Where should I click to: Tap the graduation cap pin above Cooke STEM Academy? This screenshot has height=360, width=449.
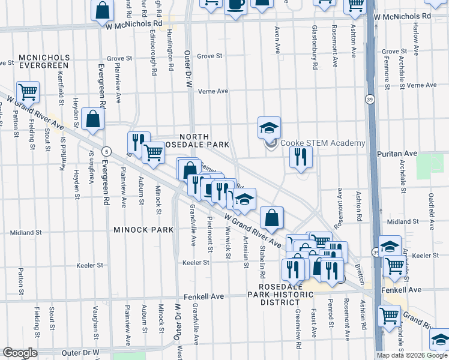click(x=269, y=127)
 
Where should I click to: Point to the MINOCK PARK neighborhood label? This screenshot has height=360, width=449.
click(x=143, y=229)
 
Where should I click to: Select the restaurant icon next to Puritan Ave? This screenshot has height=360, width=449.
click(x=300, y=157)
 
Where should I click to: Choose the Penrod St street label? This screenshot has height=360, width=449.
click(x=331, y=316)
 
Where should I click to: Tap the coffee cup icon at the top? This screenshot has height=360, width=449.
click(x=235, y=5)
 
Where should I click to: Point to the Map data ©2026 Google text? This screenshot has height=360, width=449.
click(x=412, y=355)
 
